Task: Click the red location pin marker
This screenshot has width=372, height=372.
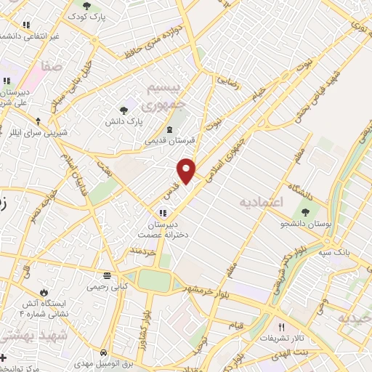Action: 187,170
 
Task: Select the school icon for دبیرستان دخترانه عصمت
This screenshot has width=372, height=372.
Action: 163,213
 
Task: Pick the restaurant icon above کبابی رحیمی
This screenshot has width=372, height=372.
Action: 107,275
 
